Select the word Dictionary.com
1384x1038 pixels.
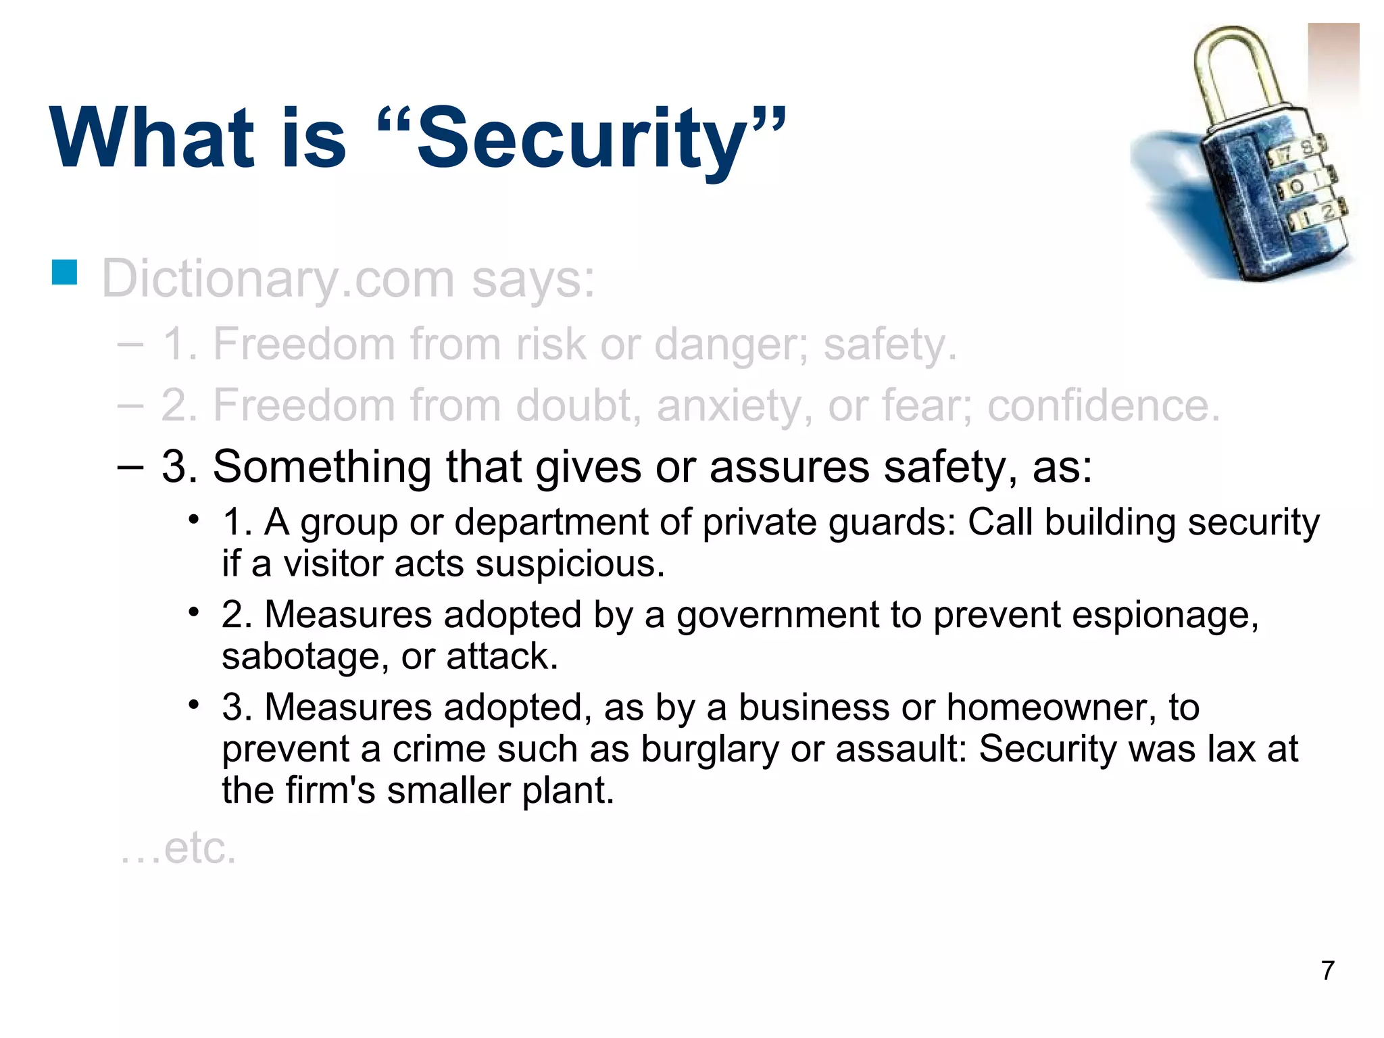pyautogui.click(x=277, y=279)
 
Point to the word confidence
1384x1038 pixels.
pyautogui.click(x=1103, y=405)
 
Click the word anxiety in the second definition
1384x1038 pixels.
pyautogui.click(x=734, y=407)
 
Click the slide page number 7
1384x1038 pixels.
pyautogui.click(x=1327, y=970)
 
